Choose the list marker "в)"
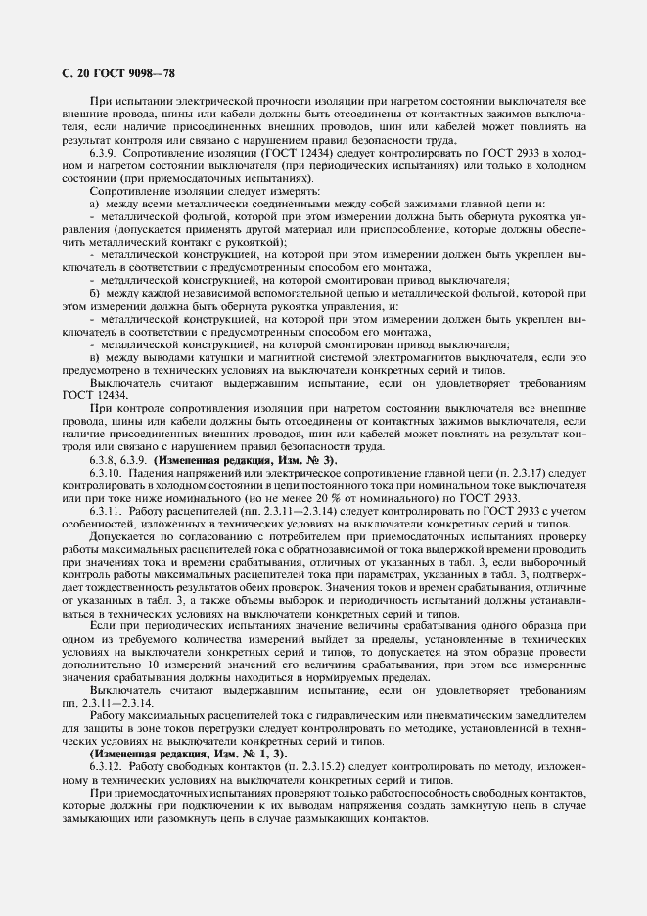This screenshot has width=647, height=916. point(95,357)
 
